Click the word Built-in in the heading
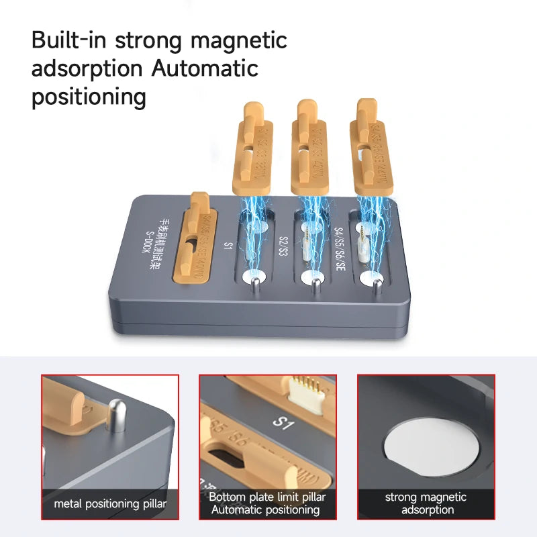[68, 40]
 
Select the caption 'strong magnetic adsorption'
[426, 503]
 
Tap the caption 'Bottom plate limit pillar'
[268, 497]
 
